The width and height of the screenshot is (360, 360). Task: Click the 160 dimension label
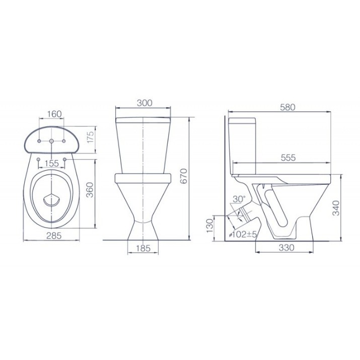[54, 114]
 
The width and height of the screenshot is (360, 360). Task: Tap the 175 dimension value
[91, 137]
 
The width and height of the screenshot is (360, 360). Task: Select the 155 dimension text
[52, 163]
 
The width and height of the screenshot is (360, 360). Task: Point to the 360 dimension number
[90, 190]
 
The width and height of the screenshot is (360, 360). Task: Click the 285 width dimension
[54, 235]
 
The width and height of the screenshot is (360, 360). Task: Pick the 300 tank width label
[145, 103]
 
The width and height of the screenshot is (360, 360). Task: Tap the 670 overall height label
[184, 176]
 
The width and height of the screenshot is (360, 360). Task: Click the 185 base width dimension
[143, 248]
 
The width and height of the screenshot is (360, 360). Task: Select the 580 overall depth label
[287, 107]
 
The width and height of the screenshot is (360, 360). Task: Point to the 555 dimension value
[289, 158]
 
